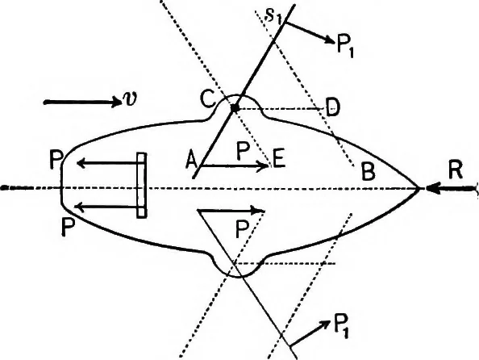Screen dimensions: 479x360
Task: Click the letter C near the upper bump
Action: (x=208, y=98)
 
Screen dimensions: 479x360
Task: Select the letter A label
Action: (x=191, y=161)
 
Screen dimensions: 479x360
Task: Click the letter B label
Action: (x=368, y=171)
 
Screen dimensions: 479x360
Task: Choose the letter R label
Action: (x=456, y=170)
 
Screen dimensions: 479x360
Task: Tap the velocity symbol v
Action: (x=129, y=98)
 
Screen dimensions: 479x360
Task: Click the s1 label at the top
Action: (x=273, y=16)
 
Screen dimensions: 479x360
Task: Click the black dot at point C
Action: (x=235, y=108)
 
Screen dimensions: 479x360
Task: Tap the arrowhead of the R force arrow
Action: (x=431, y=188)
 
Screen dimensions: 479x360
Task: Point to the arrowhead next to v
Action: (x=116, y=102)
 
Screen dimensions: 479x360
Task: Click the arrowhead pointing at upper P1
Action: (x=329, y=40)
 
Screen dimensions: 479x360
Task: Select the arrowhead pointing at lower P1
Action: (x=325, y=324)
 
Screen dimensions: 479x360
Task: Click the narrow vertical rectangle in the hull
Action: (x=141, y=185)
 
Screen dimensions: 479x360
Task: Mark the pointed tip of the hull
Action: (x=420, y=188)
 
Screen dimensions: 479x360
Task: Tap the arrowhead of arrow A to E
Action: (x=264, y=165)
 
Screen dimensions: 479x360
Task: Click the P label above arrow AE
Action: (x=244, y=152)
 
